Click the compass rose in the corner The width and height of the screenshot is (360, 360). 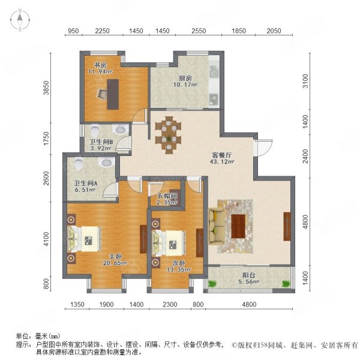click(x=20, y=20)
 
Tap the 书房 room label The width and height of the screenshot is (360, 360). click(x=100, y=65)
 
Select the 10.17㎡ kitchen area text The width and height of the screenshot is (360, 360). click(x=185, y=85)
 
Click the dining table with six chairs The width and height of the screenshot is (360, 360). click(x=168, y=135)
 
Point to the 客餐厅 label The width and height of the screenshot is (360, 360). click(x=221, y=155)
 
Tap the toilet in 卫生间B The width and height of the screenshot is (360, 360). click(x=95, y=130)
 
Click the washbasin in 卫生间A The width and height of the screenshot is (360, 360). click(x=107, y=163)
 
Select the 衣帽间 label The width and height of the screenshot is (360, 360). click(x=167, y=196)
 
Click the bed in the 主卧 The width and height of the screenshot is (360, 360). click(x=84, y=239)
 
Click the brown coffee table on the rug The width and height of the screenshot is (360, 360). click(x=238, y=226)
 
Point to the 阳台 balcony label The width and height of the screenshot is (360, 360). click(x=248, y=275)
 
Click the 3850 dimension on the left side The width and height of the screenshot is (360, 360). click(x=47, y=88)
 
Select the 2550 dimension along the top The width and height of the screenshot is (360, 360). click(x=199, y=31)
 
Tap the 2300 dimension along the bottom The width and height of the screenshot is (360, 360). click(x=170, y=304)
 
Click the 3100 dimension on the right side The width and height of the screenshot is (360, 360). click(x=305, y=81)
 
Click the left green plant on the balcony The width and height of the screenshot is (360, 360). click(x=212, y=284)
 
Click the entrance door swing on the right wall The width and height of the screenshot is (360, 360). click(x=264, y=148)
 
